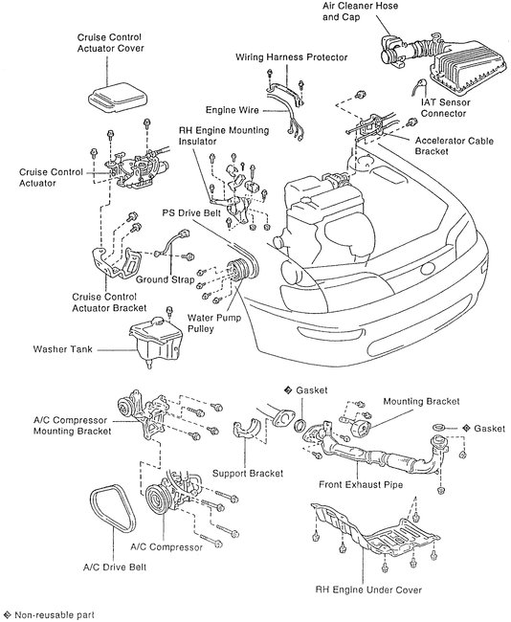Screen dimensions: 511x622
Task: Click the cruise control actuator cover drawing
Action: click(x=118, y=97)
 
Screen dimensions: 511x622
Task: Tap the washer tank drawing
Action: click(x=156, y=343)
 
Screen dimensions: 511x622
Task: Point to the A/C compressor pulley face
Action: click(x=156, y=500)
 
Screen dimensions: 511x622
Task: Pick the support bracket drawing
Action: click(x=246, y=430)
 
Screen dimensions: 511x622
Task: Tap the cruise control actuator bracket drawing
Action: click(x=116, y=262)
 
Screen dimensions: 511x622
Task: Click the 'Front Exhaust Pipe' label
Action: click(x=361, y=484)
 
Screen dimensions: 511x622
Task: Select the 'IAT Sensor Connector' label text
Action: click(x=445, y=108)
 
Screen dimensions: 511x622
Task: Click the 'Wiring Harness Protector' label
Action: click(x=292, y=57)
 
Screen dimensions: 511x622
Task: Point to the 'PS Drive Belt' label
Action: click(x=191, y=213)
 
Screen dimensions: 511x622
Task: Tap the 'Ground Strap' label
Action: click(x=165, y=279)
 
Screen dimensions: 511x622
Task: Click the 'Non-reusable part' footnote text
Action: click(x=55, y=615)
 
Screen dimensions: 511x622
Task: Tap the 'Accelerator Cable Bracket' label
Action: click(x=455, y=146)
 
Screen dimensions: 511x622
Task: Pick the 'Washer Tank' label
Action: click(x=63, y=349)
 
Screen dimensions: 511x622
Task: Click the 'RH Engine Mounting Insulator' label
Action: click(x=224, y=136)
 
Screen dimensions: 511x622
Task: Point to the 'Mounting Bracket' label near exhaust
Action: click(x=421, y=402)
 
